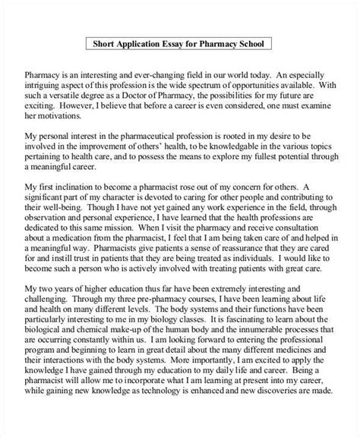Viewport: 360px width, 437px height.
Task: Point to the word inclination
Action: pos(104,194)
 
